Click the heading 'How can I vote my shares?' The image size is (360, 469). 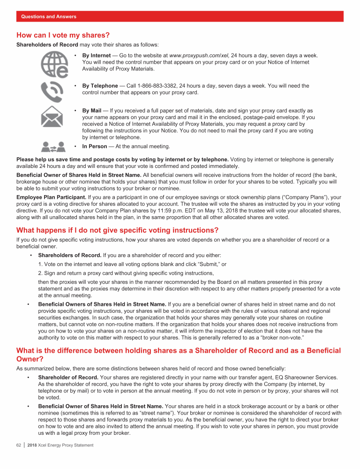click(x=63, y=35)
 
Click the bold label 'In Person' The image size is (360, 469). click(x=95, y=146)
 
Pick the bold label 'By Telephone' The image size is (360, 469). click(x=100, y=86)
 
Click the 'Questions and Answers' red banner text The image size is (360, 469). click(x=49, y=16)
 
